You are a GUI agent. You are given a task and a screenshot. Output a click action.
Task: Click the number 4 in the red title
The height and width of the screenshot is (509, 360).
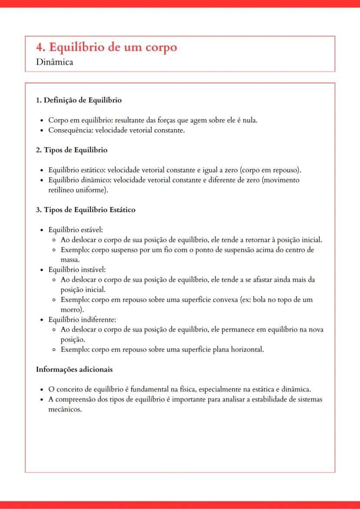tap(40, 47)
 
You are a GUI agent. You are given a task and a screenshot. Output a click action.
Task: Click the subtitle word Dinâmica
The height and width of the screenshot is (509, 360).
tap(55, 62)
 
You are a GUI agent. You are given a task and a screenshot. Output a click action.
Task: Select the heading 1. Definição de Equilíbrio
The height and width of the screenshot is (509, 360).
tap(79, 100)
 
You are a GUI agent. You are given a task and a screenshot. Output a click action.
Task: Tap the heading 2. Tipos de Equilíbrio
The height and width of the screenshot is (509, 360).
tap(72, 150)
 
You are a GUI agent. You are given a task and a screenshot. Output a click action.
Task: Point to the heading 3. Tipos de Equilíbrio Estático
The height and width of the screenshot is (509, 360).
tap(86, 210)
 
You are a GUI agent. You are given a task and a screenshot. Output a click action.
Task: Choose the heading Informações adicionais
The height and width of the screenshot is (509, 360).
tap(74, 369)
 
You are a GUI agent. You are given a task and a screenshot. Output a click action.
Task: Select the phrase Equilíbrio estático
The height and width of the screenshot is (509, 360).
tap(74, 170)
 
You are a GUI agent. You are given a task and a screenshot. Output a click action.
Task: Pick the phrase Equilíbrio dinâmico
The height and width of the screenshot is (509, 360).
tap(76, 180)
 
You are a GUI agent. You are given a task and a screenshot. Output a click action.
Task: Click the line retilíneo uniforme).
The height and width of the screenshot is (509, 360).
tap(78, 190)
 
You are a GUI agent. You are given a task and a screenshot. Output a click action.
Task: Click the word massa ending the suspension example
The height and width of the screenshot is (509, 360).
tap(70, 259)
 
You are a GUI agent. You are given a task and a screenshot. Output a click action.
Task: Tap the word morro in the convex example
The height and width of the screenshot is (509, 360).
tap(71, 309)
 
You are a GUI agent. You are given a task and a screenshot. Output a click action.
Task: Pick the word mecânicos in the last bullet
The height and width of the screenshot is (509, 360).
tap(65, 409)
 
